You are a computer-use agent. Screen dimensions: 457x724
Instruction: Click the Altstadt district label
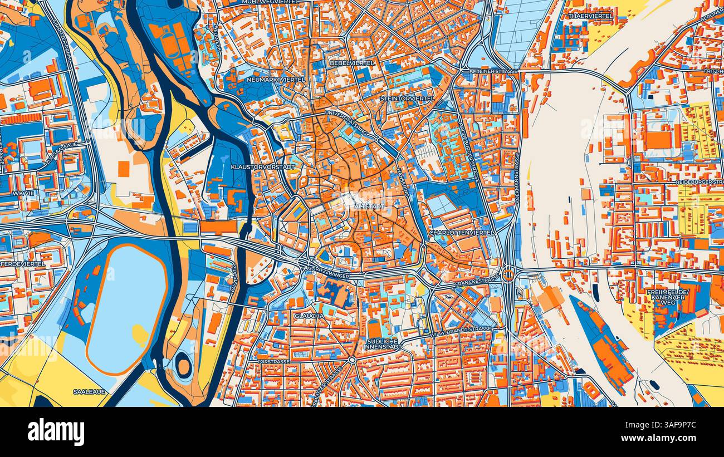[369, 207]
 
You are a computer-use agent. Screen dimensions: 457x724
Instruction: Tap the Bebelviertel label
[352, 63]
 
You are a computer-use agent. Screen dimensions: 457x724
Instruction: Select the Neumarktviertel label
[276, 80]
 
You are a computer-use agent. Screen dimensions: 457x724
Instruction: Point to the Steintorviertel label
[407, 99]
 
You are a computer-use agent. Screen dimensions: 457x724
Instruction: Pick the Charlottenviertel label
[460, 232]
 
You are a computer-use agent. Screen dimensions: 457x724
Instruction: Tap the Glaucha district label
[310, 316]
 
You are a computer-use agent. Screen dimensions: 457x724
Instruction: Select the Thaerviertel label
[590, 16]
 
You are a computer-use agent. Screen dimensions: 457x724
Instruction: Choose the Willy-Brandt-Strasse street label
[461, 332]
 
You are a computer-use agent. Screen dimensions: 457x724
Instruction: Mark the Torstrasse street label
[273, 361]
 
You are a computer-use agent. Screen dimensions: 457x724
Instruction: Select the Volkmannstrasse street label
[517, 180]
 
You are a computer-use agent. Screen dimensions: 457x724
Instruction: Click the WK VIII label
[19, 193]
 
